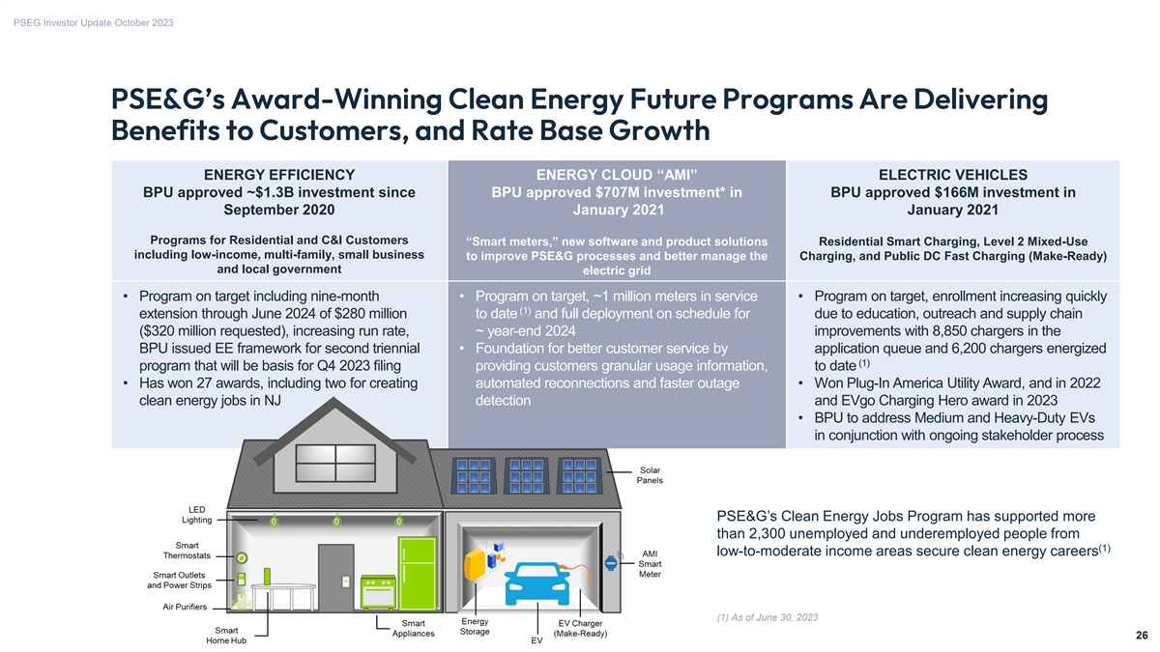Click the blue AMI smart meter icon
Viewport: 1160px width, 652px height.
click(611, 565)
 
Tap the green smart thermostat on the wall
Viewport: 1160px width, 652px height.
click(241, 557)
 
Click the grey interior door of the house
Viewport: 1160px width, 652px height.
click(336, 577)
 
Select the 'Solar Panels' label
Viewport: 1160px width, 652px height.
click(650, 474)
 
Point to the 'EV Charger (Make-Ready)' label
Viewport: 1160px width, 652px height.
click(580, 628)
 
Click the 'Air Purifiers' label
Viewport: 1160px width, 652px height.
click(185, 607)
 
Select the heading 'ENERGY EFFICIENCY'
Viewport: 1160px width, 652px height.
click(279, 174)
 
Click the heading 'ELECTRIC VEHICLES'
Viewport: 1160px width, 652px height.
click(952, 174)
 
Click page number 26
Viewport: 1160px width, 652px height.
click(1142, 636)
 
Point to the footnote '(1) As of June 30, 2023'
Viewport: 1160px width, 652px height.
click(769, 617)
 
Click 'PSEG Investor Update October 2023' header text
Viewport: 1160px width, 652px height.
click(94, 22)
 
